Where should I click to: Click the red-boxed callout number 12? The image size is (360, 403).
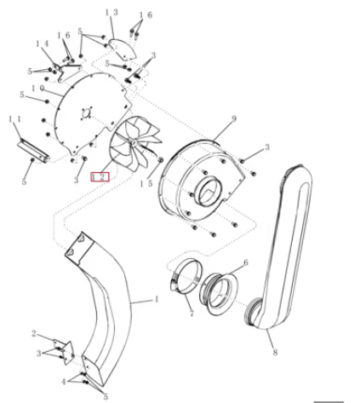(100, 177)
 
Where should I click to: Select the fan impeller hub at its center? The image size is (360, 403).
(134, 141)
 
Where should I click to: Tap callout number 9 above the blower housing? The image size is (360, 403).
(234, 119)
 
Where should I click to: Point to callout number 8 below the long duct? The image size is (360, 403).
(275, 352)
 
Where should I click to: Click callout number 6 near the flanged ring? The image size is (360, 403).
(246, 262)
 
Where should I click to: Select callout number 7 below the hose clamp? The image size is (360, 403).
(191, 314)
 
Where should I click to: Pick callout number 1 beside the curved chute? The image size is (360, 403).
(157, 299)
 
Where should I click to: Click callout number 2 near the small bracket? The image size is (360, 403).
(34, 333)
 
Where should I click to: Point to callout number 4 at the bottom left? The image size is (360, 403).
(63, 382)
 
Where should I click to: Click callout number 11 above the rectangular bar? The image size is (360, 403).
(15, 119)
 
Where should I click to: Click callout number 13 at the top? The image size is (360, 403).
(111, 13)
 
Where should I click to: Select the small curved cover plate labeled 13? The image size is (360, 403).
(123, 49)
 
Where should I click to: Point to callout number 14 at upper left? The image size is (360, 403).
(43, 44)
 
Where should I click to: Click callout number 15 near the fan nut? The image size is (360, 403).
(146, 184)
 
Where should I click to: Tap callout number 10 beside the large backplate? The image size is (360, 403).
(37, 89)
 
